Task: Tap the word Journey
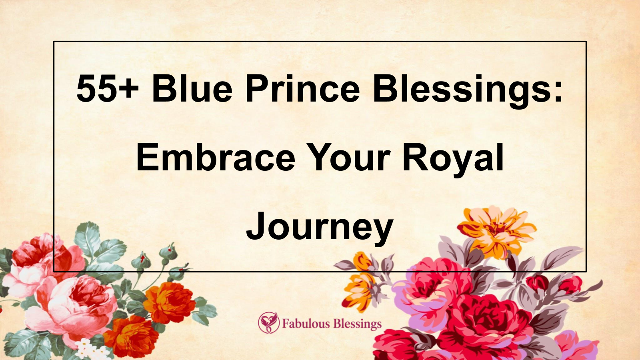[x=320, y=227]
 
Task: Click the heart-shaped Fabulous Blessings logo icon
[x=268, y=323]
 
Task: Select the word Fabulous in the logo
[x=306, y=323]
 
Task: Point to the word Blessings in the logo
[x=357, y=324]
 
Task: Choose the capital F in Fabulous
[x=286, y=323]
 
